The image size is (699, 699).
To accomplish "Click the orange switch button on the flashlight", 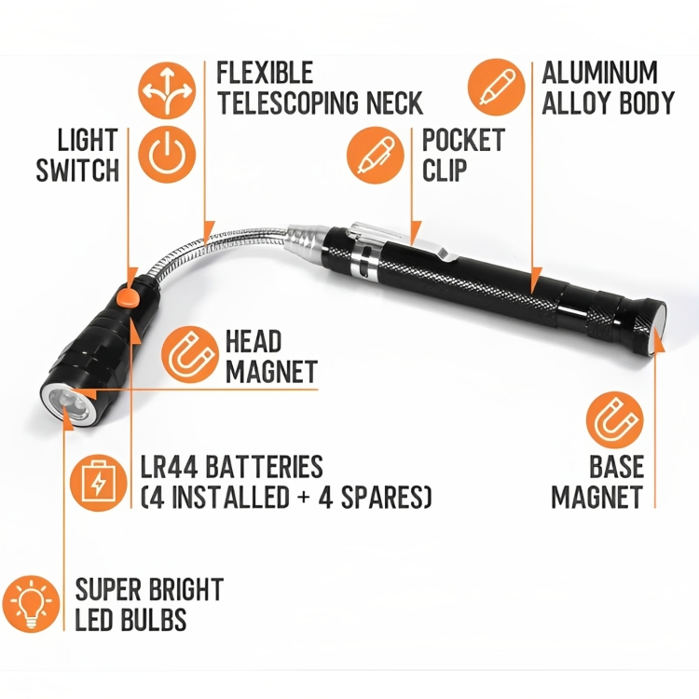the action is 128,297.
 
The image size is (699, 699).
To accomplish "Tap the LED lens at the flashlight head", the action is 69,406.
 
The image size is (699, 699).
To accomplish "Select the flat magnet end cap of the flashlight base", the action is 658,327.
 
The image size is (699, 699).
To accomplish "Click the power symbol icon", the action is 167,154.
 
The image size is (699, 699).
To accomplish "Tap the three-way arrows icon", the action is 167,90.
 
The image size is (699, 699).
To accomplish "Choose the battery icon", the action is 99,483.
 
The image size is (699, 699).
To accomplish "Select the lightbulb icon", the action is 31,603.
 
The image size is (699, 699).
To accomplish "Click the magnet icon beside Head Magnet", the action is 190,355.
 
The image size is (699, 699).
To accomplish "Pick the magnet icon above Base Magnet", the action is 615,420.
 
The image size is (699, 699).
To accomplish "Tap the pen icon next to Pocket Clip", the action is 376,155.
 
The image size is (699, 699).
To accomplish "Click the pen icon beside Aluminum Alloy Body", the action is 496,88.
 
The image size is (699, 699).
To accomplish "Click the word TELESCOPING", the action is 288,103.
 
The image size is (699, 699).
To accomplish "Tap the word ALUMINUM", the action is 599,72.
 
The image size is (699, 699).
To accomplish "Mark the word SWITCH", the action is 77,170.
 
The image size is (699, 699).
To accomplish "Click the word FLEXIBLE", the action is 265,72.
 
